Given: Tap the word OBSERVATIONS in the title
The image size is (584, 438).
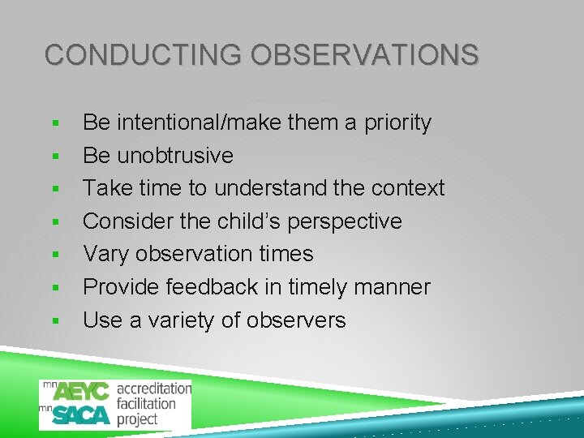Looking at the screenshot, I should (x=364, y=55).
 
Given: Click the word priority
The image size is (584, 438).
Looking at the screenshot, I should (x=396, y=122).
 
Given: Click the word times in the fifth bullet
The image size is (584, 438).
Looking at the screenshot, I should (x=284, y=254).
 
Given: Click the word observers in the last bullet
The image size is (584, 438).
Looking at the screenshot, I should (x=295, y=320).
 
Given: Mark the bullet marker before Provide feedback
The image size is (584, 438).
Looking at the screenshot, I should (x=55, y=288).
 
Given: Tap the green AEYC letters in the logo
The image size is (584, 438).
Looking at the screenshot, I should (x=81, y=390).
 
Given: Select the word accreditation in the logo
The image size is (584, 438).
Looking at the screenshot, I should (x=154, y=389).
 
